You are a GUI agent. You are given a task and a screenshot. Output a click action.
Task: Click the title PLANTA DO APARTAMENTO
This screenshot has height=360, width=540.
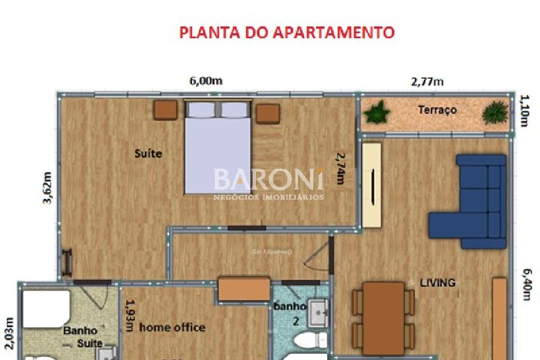(x=287, y=32)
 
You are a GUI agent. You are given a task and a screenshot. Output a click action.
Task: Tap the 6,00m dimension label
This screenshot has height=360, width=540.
(x=205, y=80)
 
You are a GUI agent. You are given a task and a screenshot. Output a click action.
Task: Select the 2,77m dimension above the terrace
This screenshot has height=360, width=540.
(x=427, y=82)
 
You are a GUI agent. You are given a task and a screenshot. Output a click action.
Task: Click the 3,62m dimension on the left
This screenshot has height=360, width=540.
(x=48, y=187)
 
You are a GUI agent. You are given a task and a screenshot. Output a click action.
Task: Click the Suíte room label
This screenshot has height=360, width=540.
(x=148, y=153)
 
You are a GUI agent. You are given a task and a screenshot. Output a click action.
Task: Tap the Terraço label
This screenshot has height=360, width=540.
(x=437, y=110)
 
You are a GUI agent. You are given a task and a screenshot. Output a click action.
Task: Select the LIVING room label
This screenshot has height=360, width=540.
(x=438, y=282)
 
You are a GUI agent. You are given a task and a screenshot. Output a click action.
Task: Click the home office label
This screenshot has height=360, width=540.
(x=172, y=327)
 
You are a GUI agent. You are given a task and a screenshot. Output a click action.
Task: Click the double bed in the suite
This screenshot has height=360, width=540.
(x=217, y=147)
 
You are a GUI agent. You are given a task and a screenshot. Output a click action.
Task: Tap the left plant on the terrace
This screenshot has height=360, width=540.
(x=376, y=112)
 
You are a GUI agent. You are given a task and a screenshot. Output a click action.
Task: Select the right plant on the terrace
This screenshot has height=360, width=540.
(x=495, y=112)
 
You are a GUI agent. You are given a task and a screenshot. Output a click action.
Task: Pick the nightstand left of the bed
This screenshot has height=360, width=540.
(x=166, y=110)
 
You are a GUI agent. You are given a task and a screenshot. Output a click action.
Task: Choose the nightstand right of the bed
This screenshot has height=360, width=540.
(x=268, y=114)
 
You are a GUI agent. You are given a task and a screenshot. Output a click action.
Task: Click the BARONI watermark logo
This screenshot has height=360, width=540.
(x=269, y=180)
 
